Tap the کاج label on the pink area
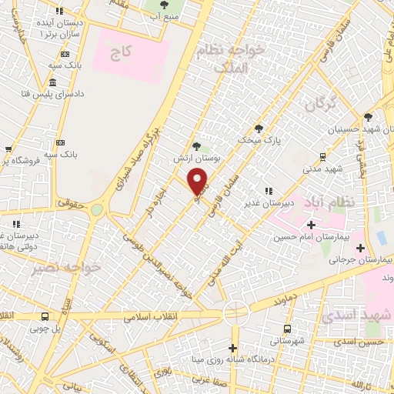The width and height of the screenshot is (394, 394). (120, 53)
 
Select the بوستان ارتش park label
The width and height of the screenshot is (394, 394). (190, 157)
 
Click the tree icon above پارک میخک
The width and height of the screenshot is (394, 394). (259, 129)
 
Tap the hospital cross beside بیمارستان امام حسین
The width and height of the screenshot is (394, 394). (311, 225)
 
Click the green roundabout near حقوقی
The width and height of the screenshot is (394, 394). (97, 209)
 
